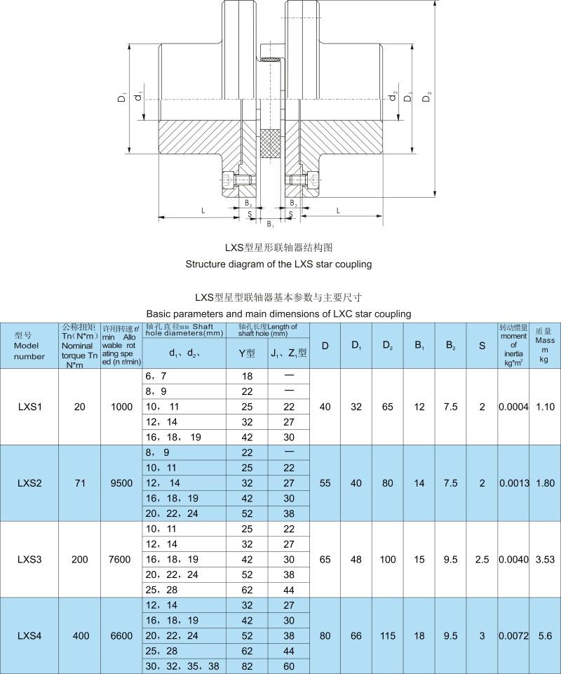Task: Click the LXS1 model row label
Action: pos(29,407)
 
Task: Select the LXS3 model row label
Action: pos(29,559)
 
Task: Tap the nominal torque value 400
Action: pos(81,635)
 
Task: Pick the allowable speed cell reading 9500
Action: pos(121,483)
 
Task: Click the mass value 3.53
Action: pos(544,559)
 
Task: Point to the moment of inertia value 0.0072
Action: pos(513,635)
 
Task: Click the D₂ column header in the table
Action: pos(388,345)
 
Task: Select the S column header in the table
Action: pos(482,345)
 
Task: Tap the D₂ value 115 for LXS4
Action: pos(388,635)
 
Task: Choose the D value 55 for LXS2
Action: pos(325,483)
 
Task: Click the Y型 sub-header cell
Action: pos(247,353)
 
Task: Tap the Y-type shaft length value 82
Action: pos(247,666)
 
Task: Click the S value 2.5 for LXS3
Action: pos(482,559)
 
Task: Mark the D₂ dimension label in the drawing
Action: pos(428,98)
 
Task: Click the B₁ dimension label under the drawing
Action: pos(270,224)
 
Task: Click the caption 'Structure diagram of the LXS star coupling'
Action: pos(278,264)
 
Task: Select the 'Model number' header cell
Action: pos(29,346)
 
